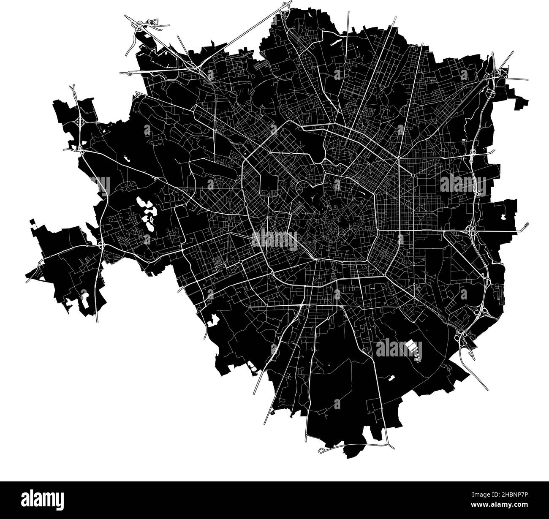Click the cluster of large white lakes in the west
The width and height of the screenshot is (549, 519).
tap(146, 211)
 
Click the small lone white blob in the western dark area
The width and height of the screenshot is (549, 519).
tap(126, 158)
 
